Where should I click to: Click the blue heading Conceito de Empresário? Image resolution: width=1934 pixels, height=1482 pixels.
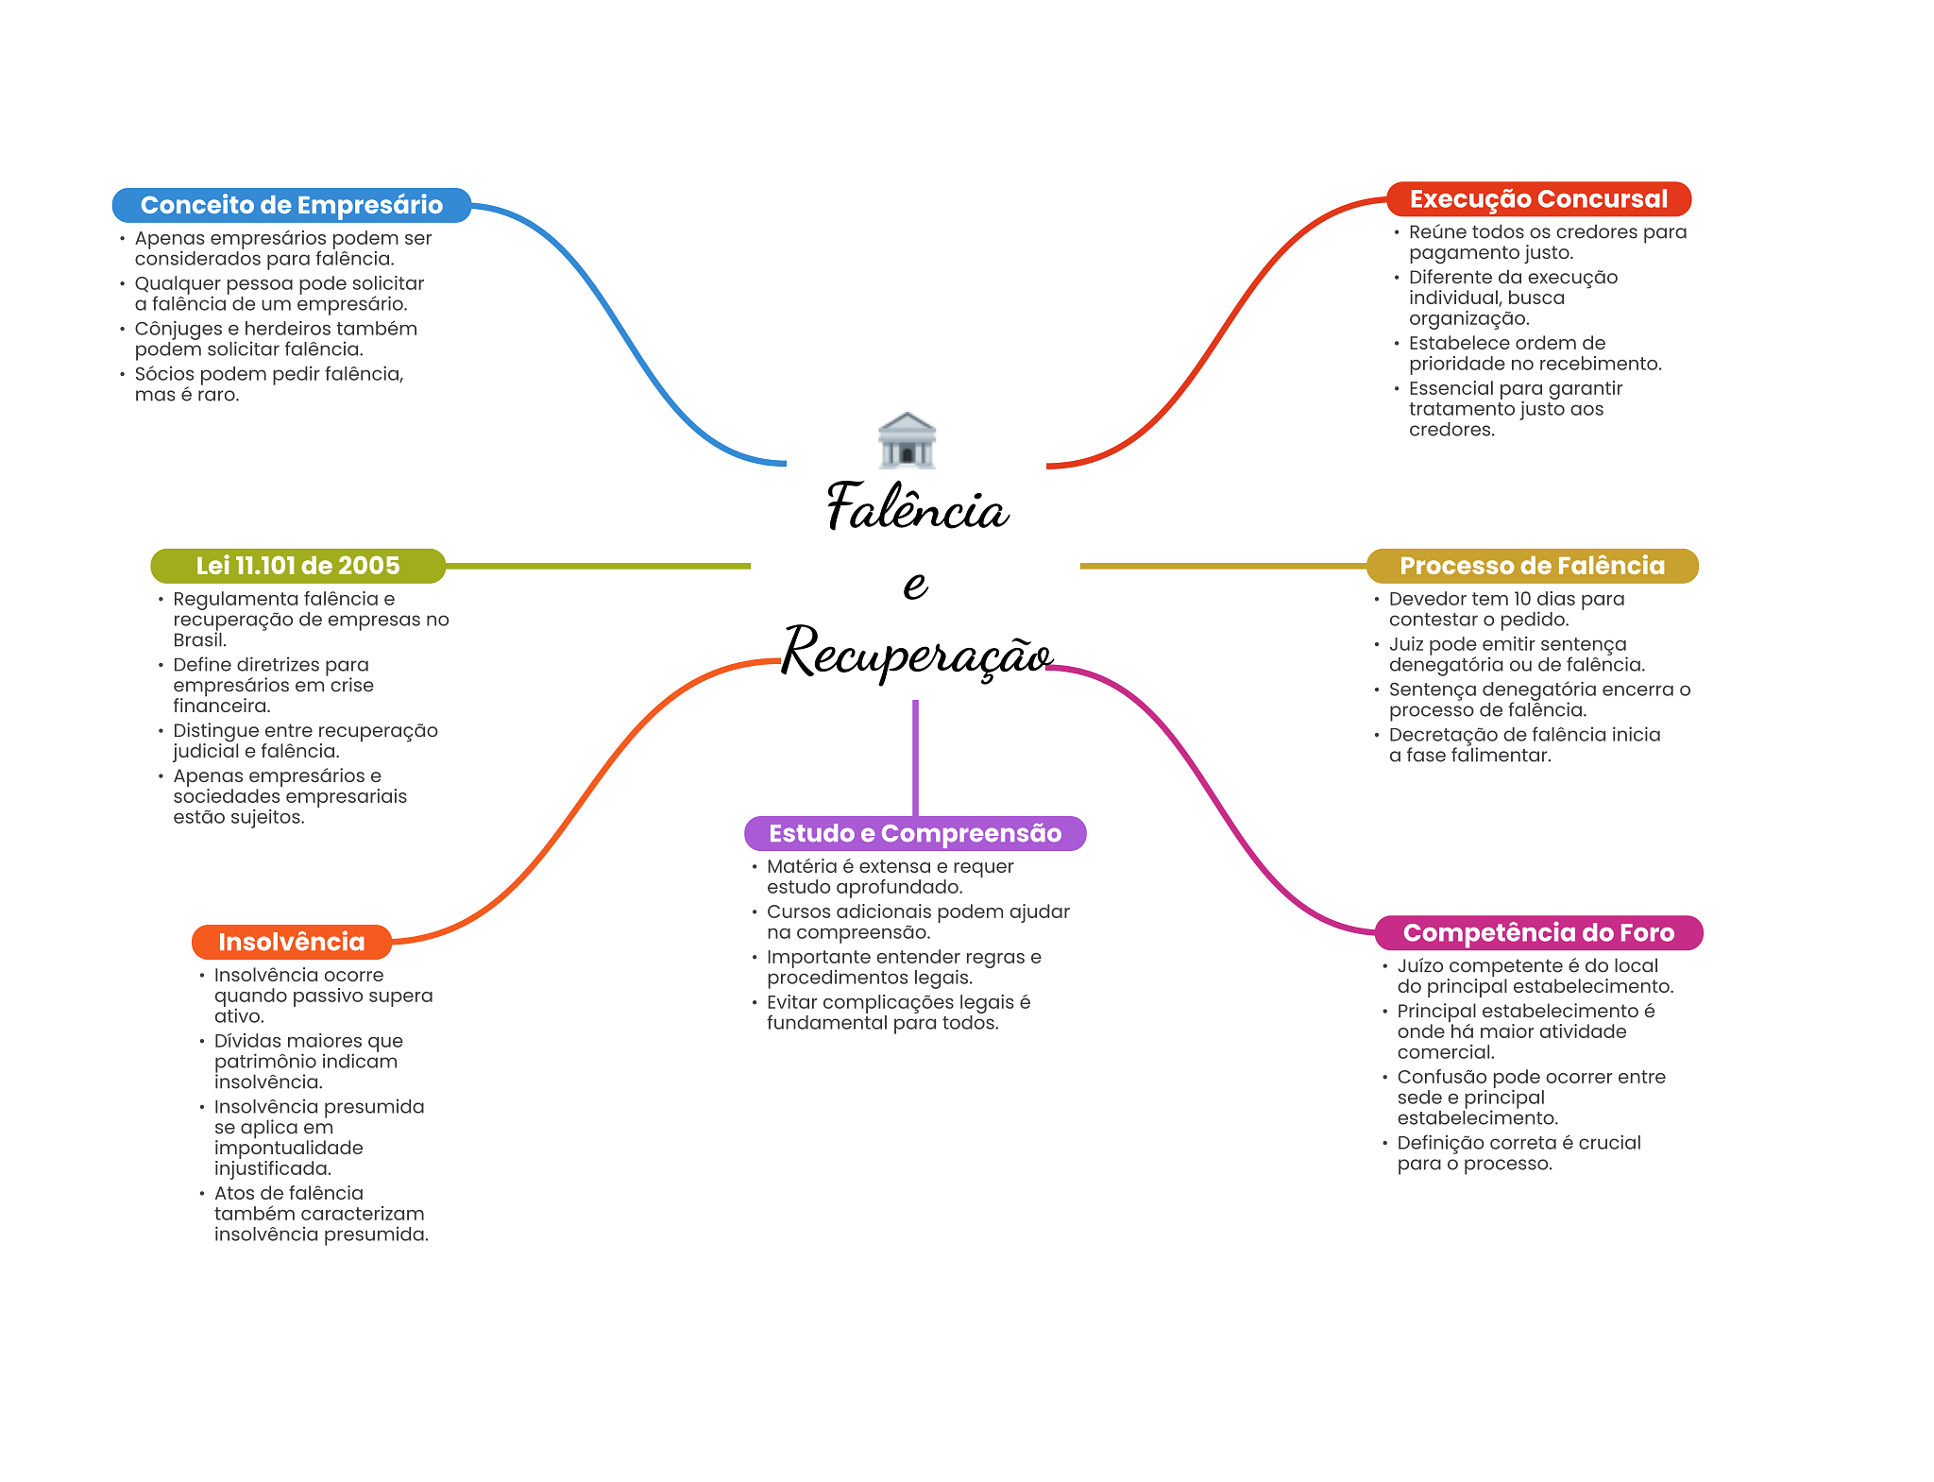pyautogui.click(x=291, y=205)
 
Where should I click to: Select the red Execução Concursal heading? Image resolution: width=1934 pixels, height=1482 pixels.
pyautogui.click(x=1537, y=199)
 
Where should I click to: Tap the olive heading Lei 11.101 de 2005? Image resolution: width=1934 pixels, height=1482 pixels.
pyautogui.click(x=297, y=566)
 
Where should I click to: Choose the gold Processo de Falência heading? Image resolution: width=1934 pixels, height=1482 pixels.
pyautogui.click(x=1531, y=566)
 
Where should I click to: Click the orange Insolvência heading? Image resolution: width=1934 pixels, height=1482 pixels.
pyautogui.click(x=291, y=942)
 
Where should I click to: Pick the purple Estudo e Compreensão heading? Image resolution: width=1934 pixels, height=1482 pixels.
pyautogui.click(x=914, y=833)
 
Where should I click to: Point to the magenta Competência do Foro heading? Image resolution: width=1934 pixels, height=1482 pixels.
pyautogui.click(x=1537, y=932)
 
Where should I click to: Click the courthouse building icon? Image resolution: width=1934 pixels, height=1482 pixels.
pyautogui.click(x=907, y=440)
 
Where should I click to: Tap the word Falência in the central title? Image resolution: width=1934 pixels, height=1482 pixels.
pyautogui.click(x=917, y=508)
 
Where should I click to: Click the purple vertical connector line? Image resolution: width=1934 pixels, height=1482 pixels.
pyautogui.click(x=915, y=756)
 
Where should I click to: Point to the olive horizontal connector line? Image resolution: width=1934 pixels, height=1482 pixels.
pyautogui.click(x=597, y=566)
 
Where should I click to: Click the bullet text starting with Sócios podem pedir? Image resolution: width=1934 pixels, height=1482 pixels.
pyautogui.click(x=269, y=384)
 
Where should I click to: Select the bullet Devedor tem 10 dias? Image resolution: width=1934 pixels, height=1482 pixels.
pyautogui.click(x=1506, y=609)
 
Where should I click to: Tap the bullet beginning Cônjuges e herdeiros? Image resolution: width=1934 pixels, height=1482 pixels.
pyautogui.click(x=275, y=339)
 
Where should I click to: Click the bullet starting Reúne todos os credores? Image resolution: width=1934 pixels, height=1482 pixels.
pyautogui.click(x=1547, y=242)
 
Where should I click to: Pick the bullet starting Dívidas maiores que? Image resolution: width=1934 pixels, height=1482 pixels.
pyautogui.click(x=308, y=1061)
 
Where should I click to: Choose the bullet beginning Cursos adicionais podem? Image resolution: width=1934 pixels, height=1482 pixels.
pyautogui.click(x=917, y=922)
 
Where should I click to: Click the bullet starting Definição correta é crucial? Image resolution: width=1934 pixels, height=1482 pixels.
pyautogui.click(x=1518, y=1152)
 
